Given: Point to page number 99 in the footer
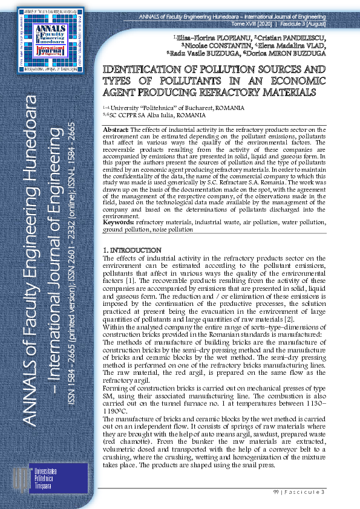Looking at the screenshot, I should [x=278, y=493].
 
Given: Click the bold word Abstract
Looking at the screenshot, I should [x=116, y=130].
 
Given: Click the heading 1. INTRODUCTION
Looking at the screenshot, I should [x=132, y=250].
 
